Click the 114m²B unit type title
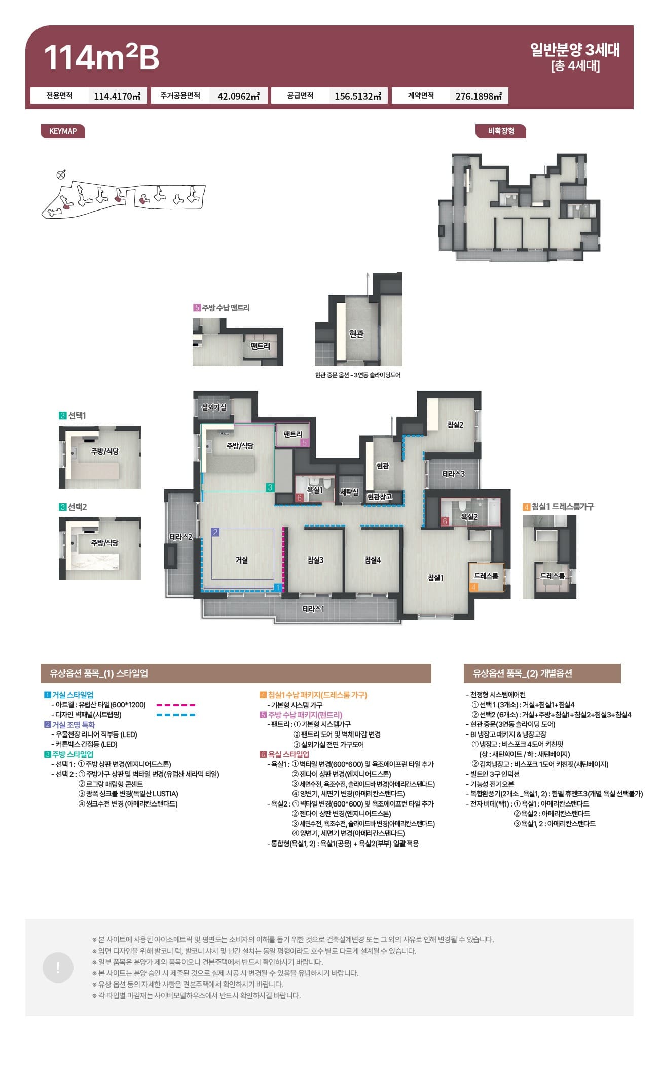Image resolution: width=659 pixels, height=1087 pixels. pos(101,57)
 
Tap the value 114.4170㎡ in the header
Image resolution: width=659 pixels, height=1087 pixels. pos(117,96)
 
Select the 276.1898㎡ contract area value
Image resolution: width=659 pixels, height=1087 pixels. pos(479,96)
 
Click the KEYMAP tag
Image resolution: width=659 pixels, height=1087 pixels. pos(63,131)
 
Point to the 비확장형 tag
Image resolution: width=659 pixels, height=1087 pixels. pos(501,131)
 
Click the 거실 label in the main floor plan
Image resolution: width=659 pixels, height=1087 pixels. pos(242,560)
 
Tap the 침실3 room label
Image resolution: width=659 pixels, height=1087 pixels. pos(315,560)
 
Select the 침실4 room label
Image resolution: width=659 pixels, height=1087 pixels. pos(373,560)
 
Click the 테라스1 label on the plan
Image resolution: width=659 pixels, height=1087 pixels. pos(313,609)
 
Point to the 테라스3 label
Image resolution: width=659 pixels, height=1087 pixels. pos(454,474)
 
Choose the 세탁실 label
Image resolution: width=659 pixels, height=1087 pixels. pos(349,492)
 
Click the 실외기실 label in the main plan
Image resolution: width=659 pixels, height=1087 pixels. pos(214,407)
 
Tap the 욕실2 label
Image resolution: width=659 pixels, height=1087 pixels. pos(469,517)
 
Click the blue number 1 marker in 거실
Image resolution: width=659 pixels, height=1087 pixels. pos(277,588)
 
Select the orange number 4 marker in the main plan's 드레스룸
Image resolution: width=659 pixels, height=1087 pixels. pos(474,587)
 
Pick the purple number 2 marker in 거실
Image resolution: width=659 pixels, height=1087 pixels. pos(215,532)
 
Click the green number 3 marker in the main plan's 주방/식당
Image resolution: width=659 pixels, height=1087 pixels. pos(270,487)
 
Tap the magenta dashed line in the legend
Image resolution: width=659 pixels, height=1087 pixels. pos(176,705)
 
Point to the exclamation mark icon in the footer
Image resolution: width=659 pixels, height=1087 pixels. pos(58,967)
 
